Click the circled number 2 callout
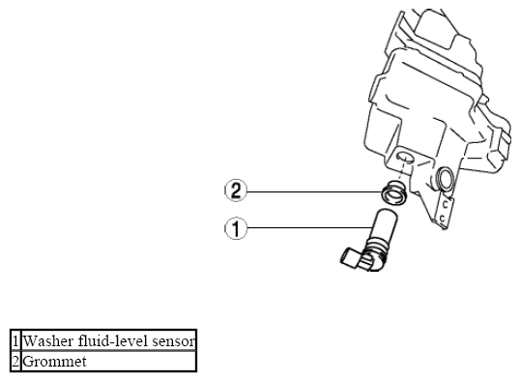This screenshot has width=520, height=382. click(236, 191)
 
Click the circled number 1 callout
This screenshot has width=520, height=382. click(236, 228)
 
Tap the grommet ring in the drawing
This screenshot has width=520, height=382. click(393, 194)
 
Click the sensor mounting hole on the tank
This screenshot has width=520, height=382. click(405, 157)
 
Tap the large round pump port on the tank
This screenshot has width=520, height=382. click(445, 179)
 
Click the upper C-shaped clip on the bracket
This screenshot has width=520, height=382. click(445, 205)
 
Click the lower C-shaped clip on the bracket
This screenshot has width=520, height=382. click(442, 219)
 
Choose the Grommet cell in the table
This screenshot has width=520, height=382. click(108, 361)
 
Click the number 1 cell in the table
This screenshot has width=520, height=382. click(15, 340)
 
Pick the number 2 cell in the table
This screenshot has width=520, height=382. click(15, 361)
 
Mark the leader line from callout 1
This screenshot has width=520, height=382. click(309, 227)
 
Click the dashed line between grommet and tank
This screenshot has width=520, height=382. click(401, 171)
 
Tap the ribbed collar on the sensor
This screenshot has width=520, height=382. click(375, 251)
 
